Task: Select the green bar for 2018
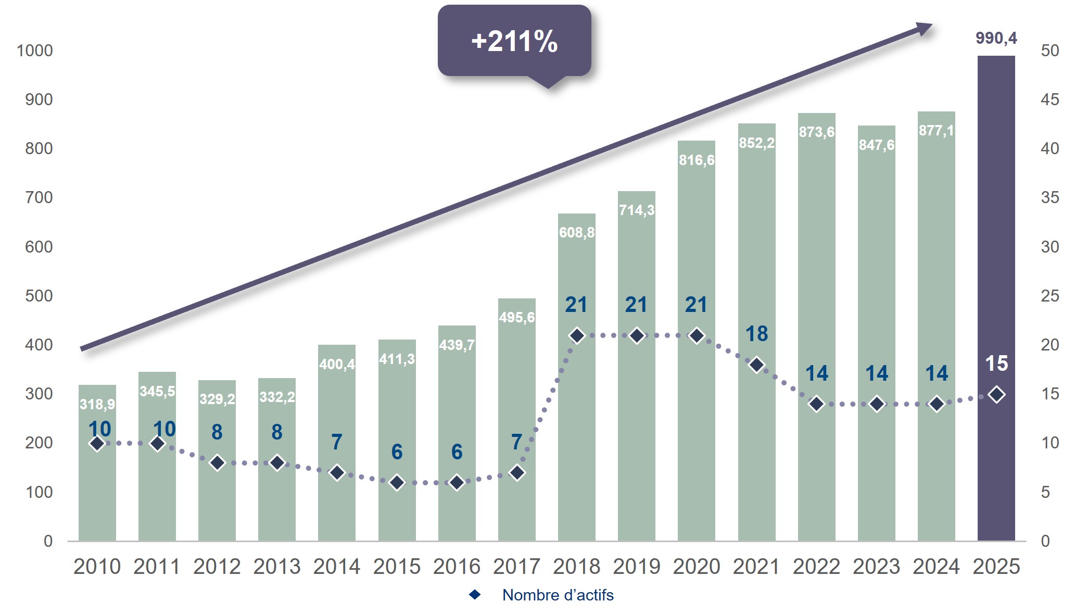pyautogui.click(x=576, y=417)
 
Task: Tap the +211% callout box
pyautogui.click(x=514, y=41)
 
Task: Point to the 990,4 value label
pyautogui.click(x=996, y=38)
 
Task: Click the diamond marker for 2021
pyautogui.click(x=756, y=365)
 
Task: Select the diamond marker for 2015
pyautogui.click(x=397, y=483)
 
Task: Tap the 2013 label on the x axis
pyautogui.click(x=277, y=567)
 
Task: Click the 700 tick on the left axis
pyautogui.click(x=39, y=197)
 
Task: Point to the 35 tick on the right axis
pyautogui.click(x=1049, y=197)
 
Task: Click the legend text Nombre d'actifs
pyautogui.click(x=558, y=595)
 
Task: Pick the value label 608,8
pyautogui.click(x=576, y=232)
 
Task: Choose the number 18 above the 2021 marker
pyautogui.click(x=756, y=334)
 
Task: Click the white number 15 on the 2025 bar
pyautogui.click(x=996, y=364)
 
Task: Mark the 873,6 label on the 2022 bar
pyautogui.click(x=816, y=132)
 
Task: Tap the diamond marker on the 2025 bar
pyautogui.click(x=996, y=395)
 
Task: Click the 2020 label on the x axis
pyautogui.click(x=697, y=567)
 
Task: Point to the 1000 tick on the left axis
pyautogui.click(x=35, y=51)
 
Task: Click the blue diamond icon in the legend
pyautogui.click(x=475, y=595)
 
